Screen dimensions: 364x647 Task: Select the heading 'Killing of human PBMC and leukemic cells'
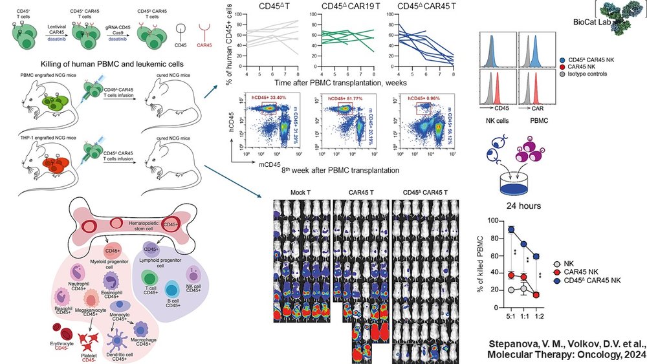click(108, 65)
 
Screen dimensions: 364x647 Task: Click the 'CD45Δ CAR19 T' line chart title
click(342, 7)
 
